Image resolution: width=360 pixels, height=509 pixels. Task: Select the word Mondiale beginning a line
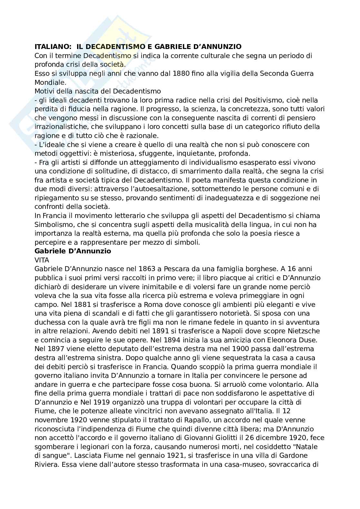49,82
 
